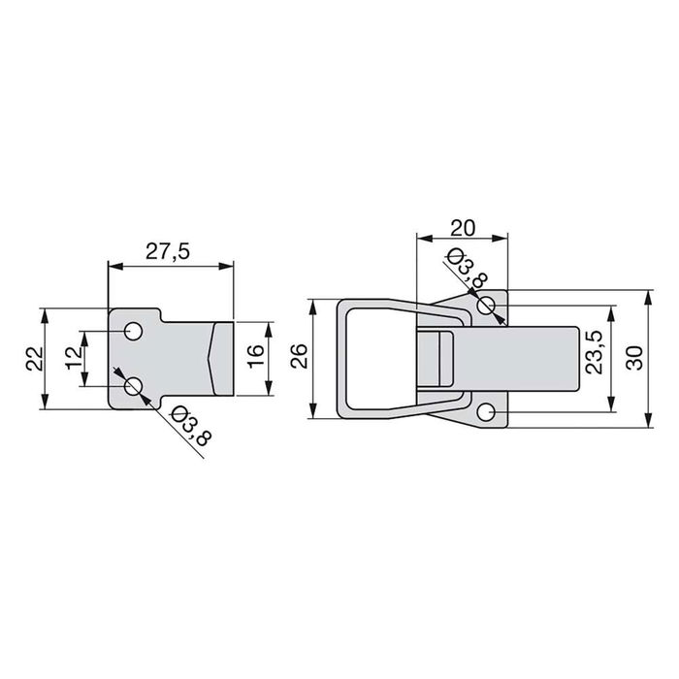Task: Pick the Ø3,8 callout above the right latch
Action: pyautogui.click(x=462, y=269)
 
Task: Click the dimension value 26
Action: pyautogui.click(x=299, y=359)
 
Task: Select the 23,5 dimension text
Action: pyautogui.click(x=596, y=352)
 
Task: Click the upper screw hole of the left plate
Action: pyautogui.click(x=133, y=332)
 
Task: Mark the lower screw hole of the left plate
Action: pyautogui.click(x=133, y=388)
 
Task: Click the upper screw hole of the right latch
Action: pyautogui.click(x=488, y=307)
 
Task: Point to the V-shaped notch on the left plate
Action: pyautogui.click(x=211, y=358)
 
